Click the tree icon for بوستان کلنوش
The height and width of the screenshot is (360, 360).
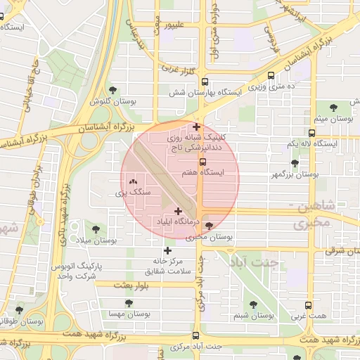tap(113, 90)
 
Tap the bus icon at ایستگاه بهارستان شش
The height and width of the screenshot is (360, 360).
tap(205, 82)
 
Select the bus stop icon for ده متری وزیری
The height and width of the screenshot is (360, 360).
tap(271, 75)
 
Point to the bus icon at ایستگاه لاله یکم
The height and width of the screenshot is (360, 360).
tap(311, 132)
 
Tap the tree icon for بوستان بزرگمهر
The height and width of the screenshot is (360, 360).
tap(295, 163)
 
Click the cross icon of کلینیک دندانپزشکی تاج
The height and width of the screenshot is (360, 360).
tap(196, 127)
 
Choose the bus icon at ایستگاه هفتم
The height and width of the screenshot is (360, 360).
tap(203, 161)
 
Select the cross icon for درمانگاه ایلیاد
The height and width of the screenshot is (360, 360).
tap(178, 211)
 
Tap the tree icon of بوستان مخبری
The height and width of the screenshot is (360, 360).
tap(209, 226)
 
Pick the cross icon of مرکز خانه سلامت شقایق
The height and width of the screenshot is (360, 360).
tap(167, 250)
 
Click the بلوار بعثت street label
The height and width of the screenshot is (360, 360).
tap(114, 285)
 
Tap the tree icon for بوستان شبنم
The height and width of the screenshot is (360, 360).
tap(253, 304)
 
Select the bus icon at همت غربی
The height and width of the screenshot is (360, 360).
tap(308, 306)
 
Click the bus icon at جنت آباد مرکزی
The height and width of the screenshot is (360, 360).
tap(195, 336)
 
